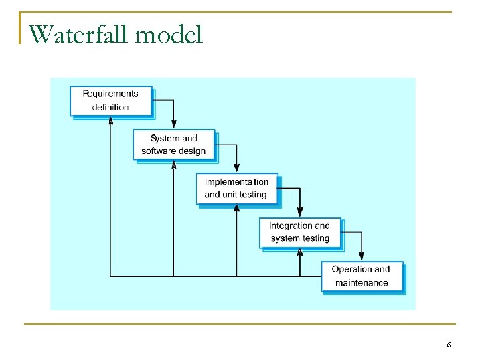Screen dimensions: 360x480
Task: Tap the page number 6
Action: [x=449, y=345]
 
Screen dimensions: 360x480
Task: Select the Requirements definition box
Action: [x=111, y=100]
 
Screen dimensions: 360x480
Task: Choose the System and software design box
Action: [x=174, y=145]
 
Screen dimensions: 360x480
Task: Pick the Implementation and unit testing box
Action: [x=237, y=188]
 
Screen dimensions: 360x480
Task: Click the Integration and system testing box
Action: [x=300, y=232]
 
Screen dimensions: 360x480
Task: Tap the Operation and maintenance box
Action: [x=362, y=276]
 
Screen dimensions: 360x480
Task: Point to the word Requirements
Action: [x=110, y=94]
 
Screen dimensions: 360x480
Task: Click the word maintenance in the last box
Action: [x=362, y=283]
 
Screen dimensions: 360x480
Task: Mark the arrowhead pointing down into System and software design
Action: [x=174, y=124]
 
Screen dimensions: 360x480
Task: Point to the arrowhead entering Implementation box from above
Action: [x=237, y=169]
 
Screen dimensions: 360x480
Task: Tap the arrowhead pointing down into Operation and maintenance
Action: [x=362, y=256]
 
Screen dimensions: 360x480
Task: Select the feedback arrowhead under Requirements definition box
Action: [x=110, y=120]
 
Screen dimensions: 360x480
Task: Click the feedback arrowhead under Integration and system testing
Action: [x=300, y=252]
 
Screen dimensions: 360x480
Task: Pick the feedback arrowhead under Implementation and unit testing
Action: [x=237, y=208]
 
